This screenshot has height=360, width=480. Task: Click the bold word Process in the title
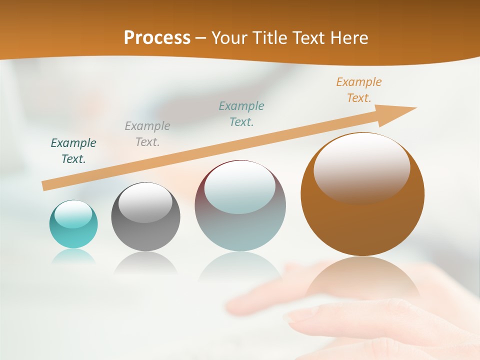pos(157,38)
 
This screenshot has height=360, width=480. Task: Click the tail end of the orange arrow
pos(46,185)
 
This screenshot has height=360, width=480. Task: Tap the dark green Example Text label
pos(73,151)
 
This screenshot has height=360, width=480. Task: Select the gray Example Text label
pos(147,134)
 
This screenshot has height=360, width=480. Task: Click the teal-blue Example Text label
pos(241,114)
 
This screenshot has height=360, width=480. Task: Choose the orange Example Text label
pos(359,90)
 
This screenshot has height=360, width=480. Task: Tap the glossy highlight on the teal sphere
pos(73,214)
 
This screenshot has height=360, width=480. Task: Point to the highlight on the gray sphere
pos(145,202)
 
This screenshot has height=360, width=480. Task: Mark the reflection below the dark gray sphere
pos(145,263)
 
